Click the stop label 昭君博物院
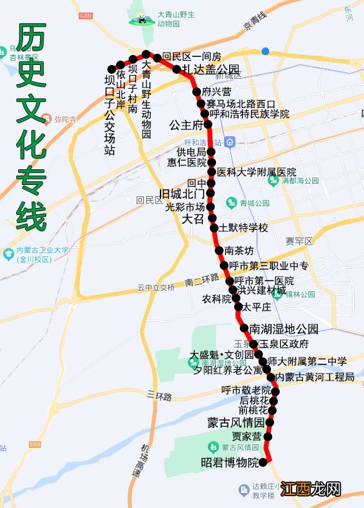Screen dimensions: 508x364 pyautogui.click(x=229, y=463)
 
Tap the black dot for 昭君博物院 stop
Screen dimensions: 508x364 pyautogui.click(x=262, y=462)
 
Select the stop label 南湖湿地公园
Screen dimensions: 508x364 pyautogui.click(x=283, y=329)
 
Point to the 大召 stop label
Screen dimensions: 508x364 pyautogui.click(x=192, y=219)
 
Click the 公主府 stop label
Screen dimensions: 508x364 pyautogui.click(x=187, y=124)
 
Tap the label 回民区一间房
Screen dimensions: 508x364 pyautogui.click(x=192, y=56)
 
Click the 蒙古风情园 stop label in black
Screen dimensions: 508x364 pyautogui.click(x=235, y=423)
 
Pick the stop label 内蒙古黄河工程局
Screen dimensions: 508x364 pyautogui.click(x=315, y=377)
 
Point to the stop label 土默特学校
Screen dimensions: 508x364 pyautogui.click(x=243, y=227)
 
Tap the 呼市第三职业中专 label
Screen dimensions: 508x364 pyautogui.click(x=268, y=266)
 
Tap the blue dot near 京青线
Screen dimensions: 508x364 pyautogui.click(x=266, y=51)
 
